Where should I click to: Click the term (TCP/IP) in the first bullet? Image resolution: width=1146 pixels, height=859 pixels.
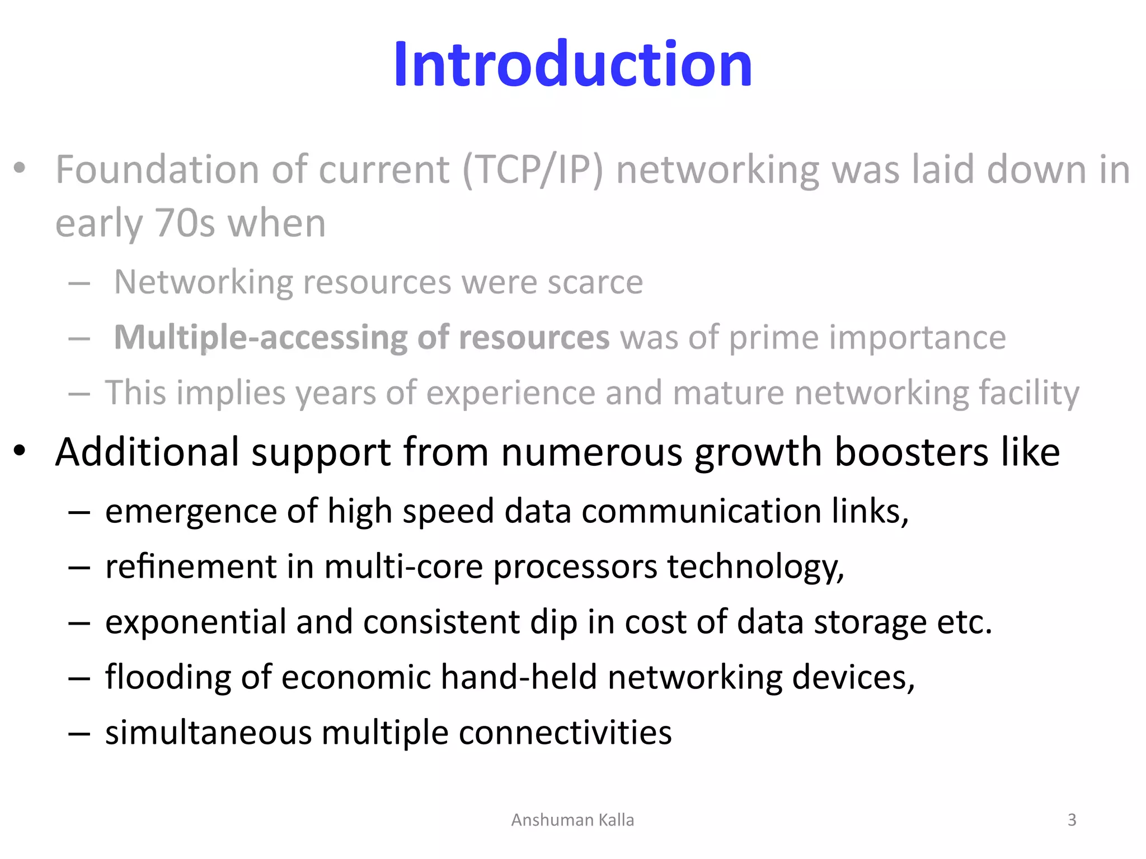pyautogui.click(x=533, y=169)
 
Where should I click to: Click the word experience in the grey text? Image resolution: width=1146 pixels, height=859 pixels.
pyautogui.click(x=510, y=393)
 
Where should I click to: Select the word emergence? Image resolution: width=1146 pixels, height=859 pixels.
pyautogui.click(x=191, y=511)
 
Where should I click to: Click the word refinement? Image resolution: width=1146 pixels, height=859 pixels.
pyautogui.click(x=191, y=567)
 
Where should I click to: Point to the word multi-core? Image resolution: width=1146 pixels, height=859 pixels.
pyautogui.click(x=403, y=567)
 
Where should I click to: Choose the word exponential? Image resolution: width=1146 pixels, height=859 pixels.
pyautogui.click(x=195, y=622)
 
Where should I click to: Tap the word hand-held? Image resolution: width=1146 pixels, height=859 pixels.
pyautogui.click(x=519, y=677)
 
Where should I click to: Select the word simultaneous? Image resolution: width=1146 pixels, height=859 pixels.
pyautogui.click(x=208, y=733)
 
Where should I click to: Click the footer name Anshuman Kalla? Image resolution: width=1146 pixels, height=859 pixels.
pyautogui.click(x=572, y=820)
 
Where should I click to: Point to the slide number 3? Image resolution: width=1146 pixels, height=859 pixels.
pyautogui.click(x=1072, y=820)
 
